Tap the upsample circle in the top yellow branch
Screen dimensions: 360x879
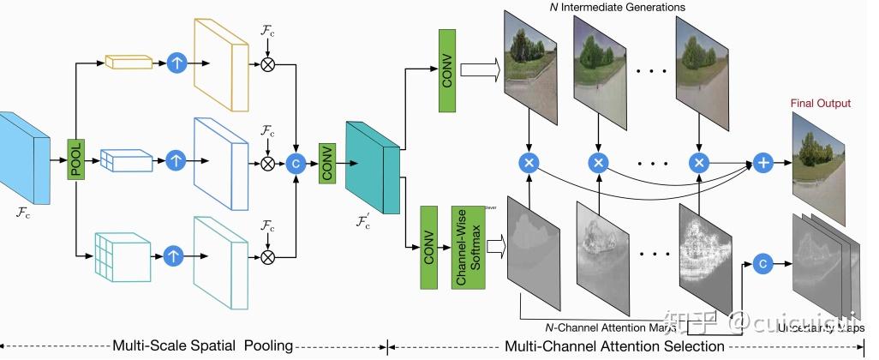[176, 63]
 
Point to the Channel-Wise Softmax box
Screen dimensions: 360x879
[469, 247]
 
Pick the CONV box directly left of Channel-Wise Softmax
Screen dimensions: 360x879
[431, 247]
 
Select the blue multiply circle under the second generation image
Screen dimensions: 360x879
[600, 160]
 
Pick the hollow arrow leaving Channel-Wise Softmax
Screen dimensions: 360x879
[497, 247]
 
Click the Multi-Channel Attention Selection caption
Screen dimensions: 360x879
[614, 346]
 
